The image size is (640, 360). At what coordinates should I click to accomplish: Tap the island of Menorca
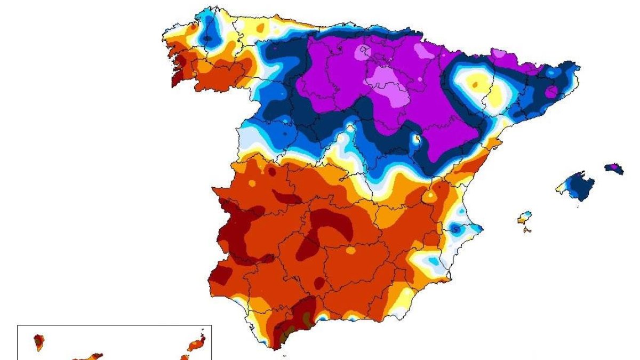[x=614, y=168]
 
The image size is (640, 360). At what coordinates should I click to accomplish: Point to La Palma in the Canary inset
[x=38, y=341]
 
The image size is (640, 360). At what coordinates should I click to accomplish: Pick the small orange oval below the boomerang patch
[x=350, y=250]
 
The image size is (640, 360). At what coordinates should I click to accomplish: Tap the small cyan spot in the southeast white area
[x=433, y=262]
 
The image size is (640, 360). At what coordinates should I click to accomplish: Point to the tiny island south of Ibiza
[x=527, y=230]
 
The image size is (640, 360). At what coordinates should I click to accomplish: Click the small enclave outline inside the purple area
[x=365, y=51]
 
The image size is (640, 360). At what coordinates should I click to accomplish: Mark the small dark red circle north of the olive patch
[x=319, y=284]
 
